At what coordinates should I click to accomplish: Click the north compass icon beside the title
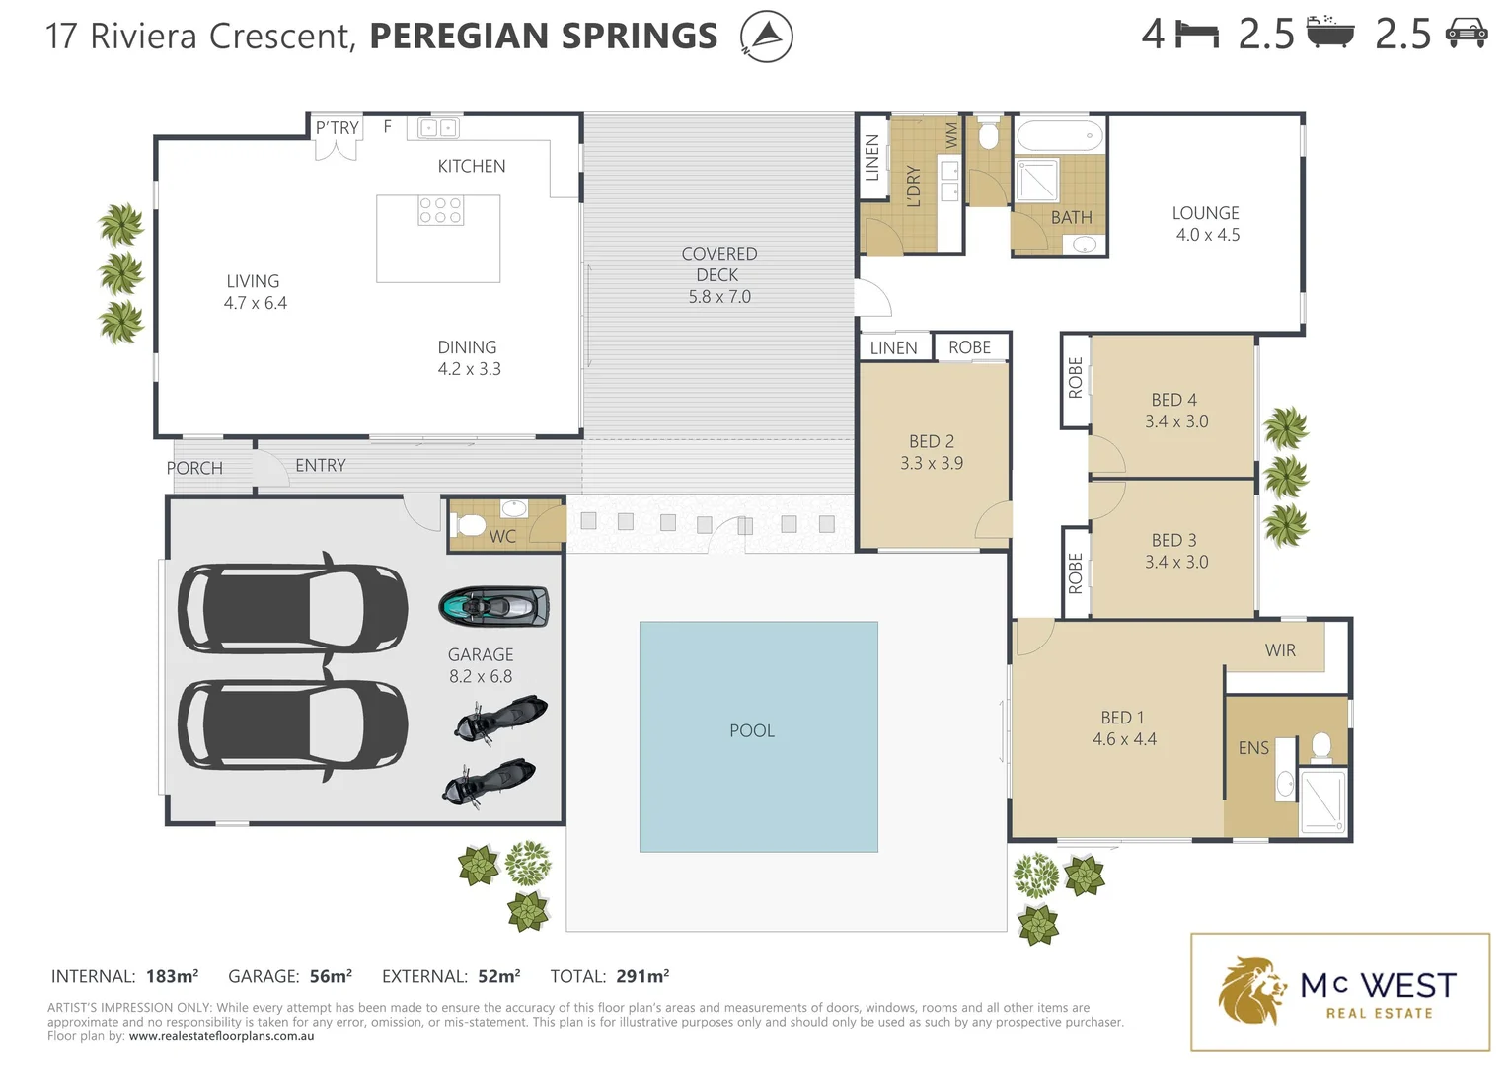(767, 37)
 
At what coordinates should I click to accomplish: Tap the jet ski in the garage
(493, 606)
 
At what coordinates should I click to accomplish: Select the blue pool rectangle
(758, 736)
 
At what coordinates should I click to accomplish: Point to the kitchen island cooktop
(440, 210)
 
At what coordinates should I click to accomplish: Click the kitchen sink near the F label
(438, 128)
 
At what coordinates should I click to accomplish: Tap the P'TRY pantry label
(337, 128)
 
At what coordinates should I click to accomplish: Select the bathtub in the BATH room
(1059, 135)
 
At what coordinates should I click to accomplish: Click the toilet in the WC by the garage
(472, 524)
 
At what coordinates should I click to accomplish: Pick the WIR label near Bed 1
(1280, 650)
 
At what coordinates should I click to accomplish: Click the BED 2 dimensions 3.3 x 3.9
(931, 463)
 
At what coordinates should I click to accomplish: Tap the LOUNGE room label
(1205, 213)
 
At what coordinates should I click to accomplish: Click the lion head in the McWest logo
(1251, 990)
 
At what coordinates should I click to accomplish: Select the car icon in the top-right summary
(1466, 35)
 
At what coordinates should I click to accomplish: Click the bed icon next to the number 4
(1197, 35)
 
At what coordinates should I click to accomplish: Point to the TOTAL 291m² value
(642, 976)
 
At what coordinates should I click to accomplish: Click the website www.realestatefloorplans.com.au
(221, 1036)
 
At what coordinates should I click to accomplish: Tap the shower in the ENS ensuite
(1322, 800)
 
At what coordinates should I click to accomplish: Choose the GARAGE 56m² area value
(331, 976)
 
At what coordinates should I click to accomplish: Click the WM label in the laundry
(951, 135)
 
